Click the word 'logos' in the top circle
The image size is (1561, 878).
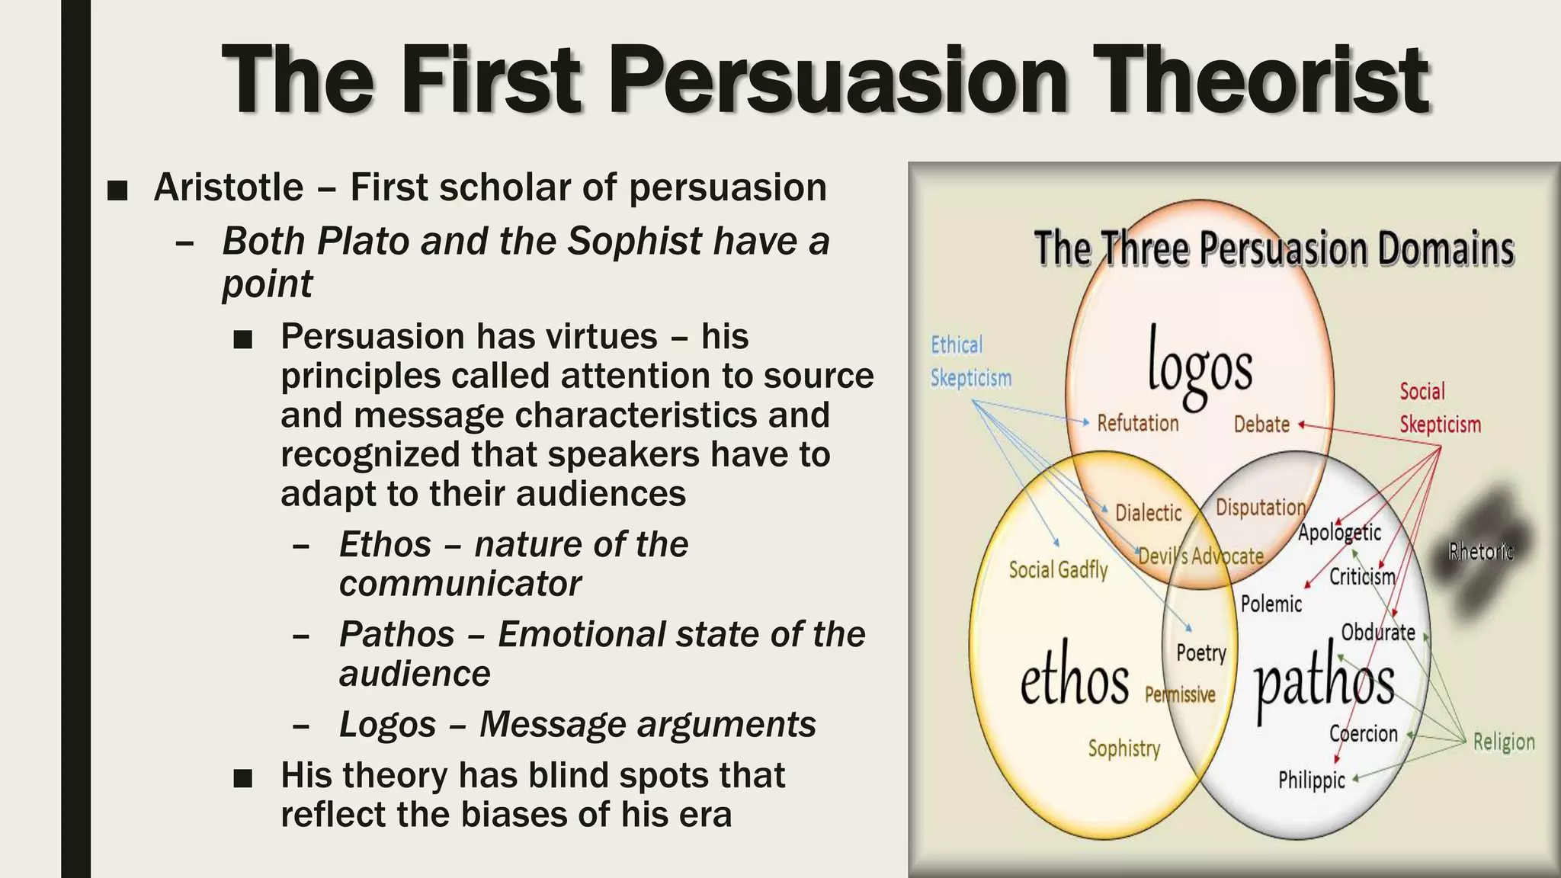1200,366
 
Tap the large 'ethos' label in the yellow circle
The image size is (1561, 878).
1075,680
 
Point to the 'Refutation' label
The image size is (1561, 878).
1137,423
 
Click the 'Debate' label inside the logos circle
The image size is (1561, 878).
1261,425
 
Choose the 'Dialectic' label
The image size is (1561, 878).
1148,512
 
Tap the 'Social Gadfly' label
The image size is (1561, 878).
1058,569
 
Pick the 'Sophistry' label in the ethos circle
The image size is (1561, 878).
1123,748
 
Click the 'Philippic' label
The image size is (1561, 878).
1311,780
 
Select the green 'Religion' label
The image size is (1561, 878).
1503,742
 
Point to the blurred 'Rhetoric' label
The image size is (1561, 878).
1480,550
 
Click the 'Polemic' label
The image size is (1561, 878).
1271,604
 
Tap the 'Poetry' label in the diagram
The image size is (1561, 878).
1201,653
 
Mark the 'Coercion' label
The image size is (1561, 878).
1363,734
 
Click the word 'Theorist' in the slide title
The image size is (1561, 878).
1260,80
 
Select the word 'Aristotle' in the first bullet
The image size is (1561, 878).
229,187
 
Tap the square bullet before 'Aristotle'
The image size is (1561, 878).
117,191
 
